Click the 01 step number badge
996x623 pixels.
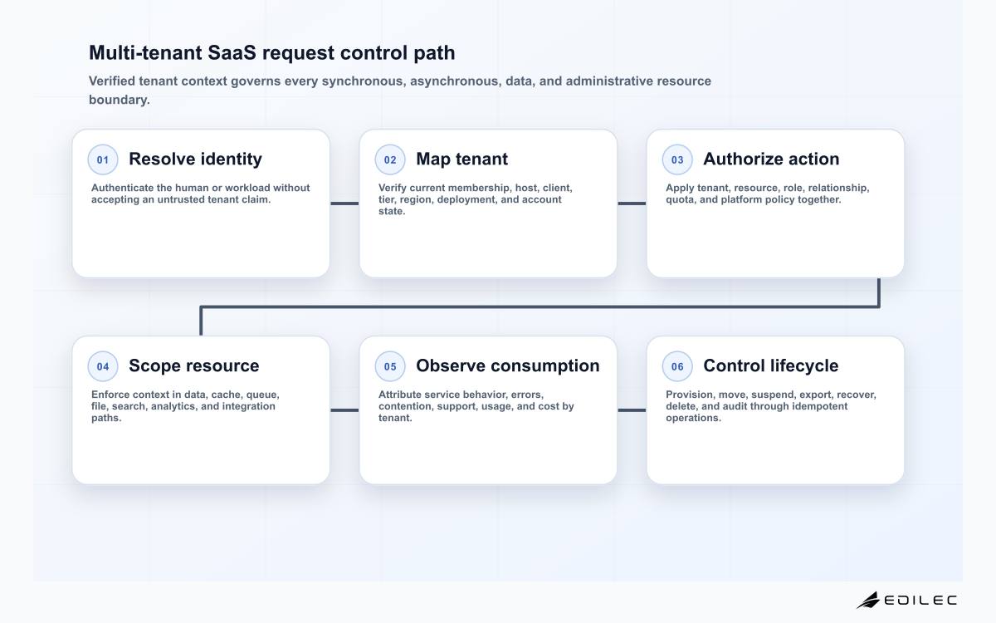click(103, 159)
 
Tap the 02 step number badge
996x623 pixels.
click(390, 159)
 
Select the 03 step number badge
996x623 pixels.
click(677, 159)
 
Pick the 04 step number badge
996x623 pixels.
click(103, 366)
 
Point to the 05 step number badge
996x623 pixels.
click(390, 366)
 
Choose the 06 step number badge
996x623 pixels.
click(677, 366)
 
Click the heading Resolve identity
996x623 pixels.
click(195, 159)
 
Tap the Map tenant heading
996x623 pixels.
click(461, 159)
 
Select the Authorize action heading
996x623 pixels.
click(771, 159)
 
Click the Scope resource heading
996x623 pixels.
click(194, 365)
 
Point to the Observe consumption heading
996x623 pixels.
click(508, 365)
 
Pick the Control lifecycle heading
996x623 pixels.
click(770, 365)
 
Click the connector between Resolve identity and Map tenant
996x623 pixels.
click(344, 204)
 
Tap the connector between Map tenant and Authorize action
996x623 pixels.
click(632, 204)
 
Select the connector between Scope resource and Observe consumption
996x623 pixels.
click(344, 410)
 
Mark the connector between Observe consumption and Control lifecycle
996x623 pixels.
click(632, 410)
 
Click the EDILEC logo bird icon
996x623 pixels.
click(868, 600)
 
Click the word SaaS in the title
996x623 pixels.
click(232, 52)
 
